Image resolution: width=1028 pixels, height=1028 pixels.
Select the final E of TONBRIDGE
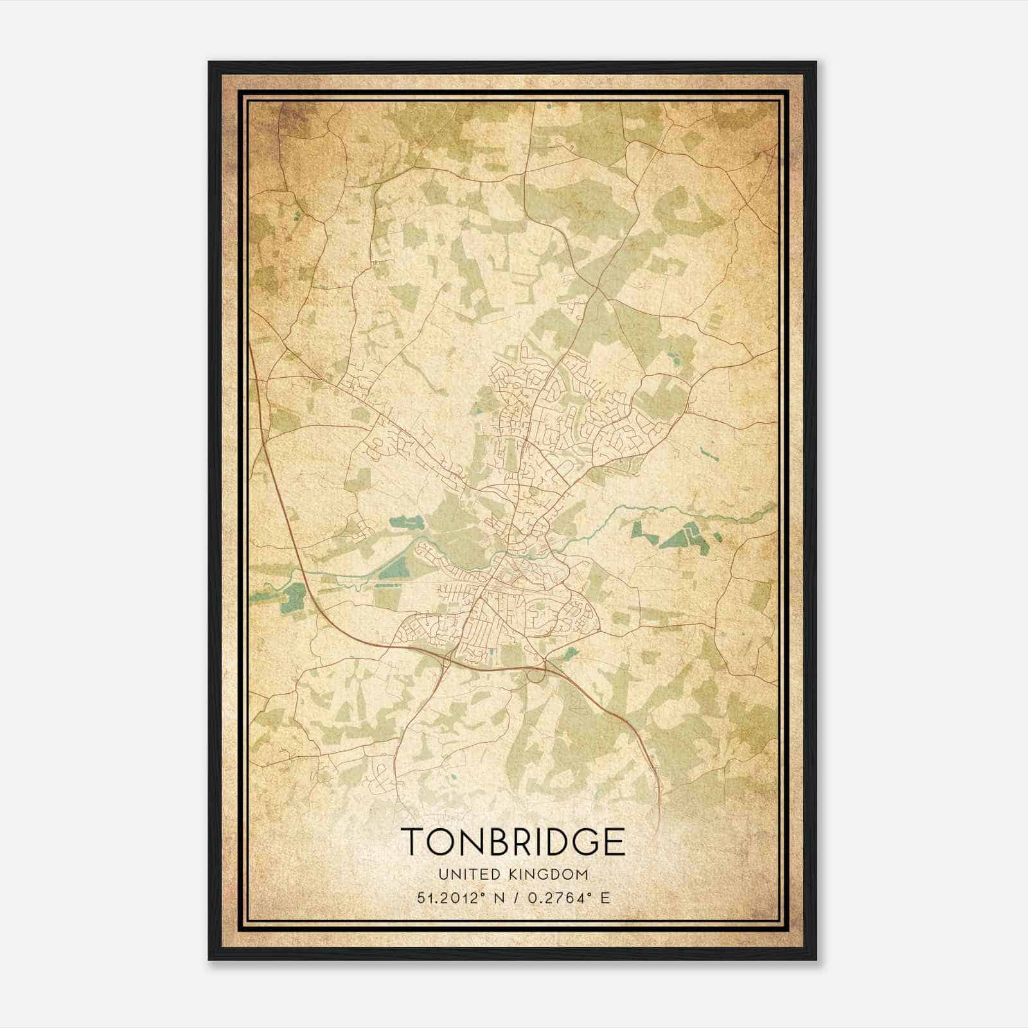coord(614,842)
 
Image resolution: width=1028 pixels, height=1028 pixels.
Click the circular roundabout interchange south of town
coord(535,673)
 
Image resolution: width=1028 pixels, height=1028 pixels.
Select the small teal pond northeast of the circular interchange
coord(568,653)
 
